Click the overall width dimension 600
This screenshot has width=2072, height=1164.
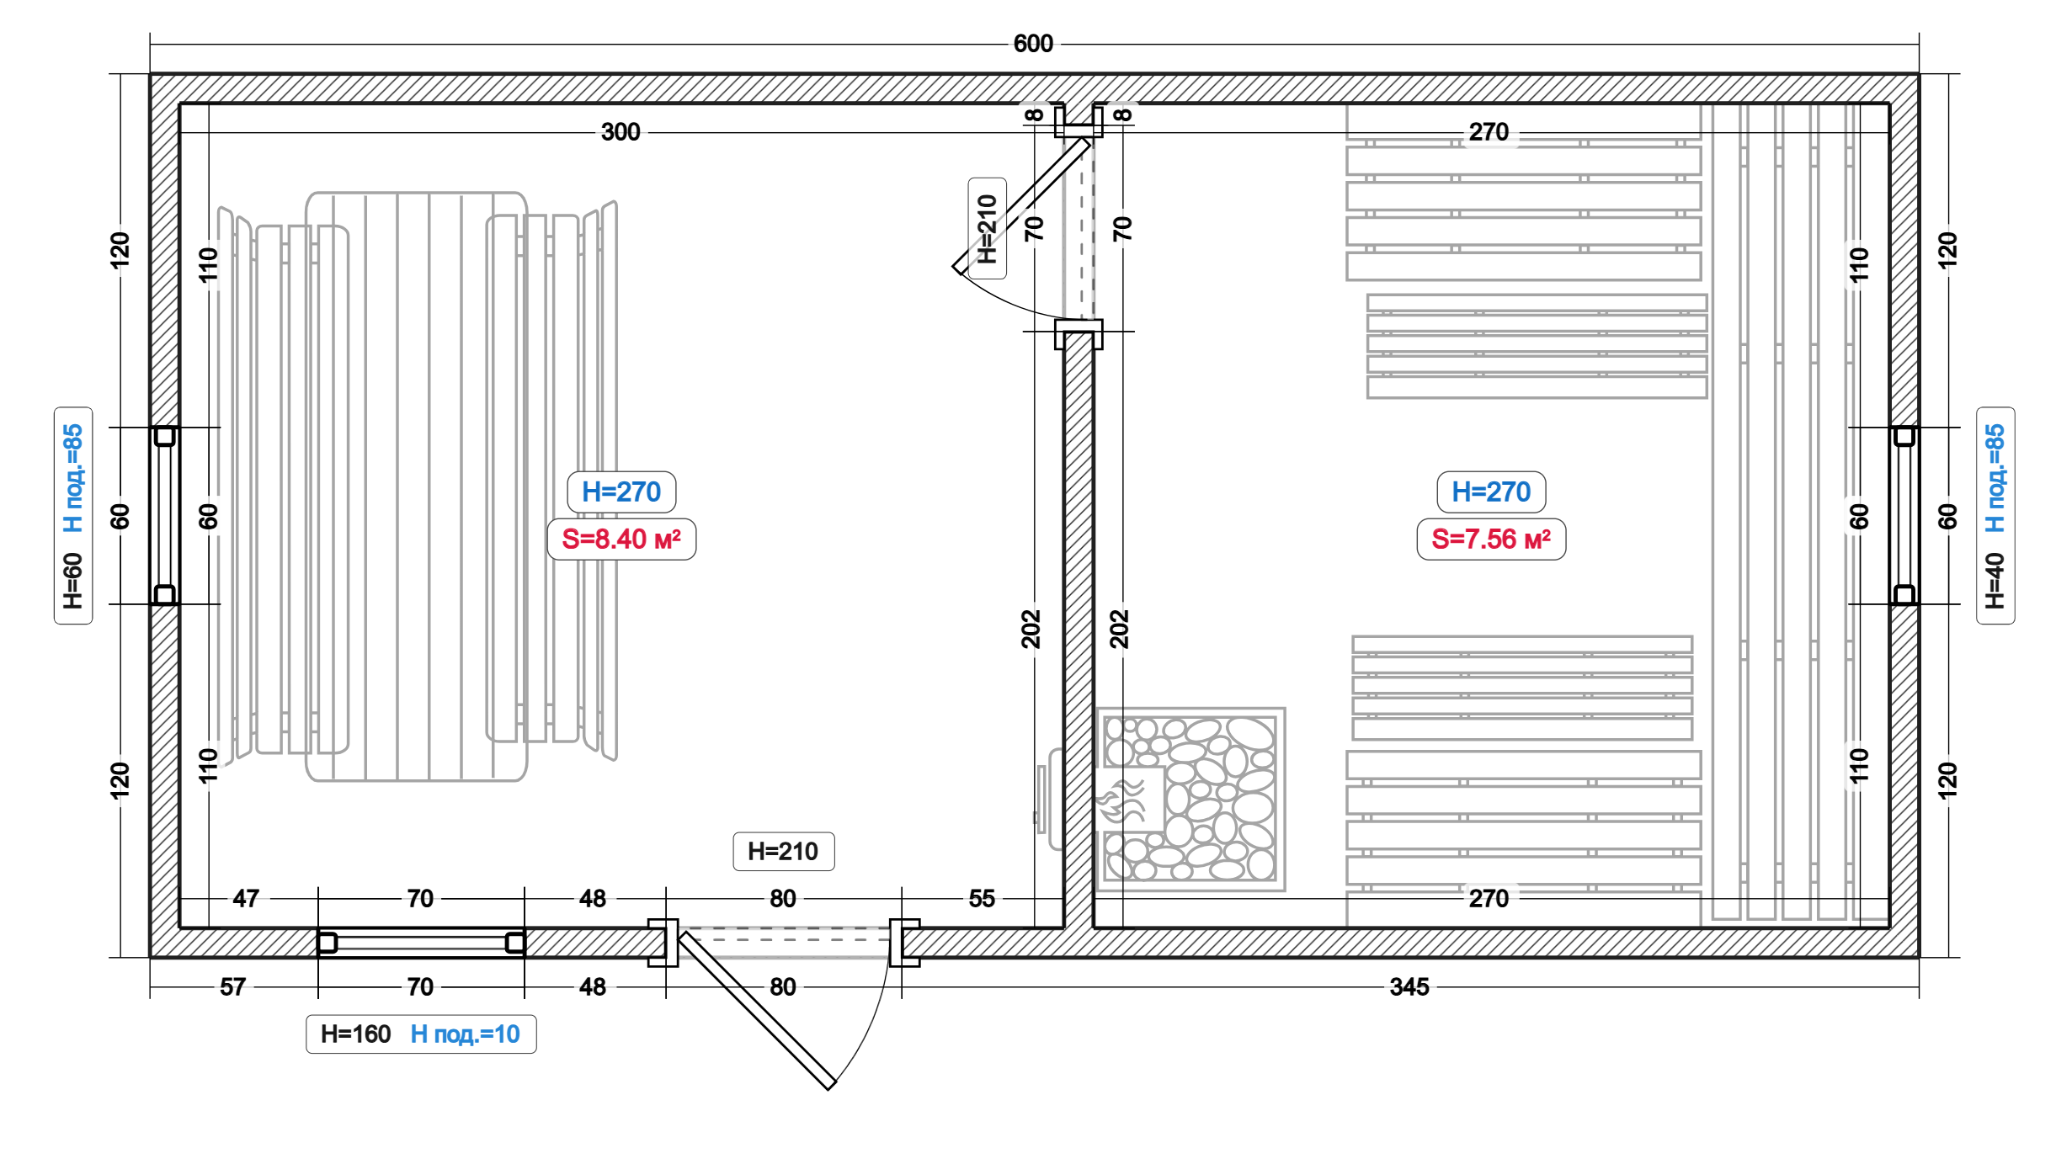click(x=1032, y=44)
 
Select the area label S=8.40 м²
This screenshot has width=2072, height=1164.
click(x=621, y=539)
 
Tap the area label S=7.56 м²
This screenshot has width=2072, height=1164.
click(x=1491, y=539)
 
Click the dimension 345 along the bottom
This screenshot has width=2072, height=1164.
click(x=1409, y=986)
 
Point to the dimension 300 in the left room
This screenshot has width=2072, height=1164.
click(x=621, y=132)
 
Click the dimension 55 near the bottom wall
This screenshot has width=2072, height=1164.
click(x=981, y=898)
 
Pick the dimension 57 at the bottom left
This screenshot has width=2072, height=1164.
click(x=232, y=986)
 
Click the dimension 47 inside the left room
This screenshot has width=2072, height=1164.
click(x=245, y=898)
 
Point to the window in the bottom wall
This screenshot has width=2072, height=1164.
click(x=421, y=943)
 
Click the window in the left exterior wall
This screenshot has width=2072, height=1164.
click(x=164, y=515)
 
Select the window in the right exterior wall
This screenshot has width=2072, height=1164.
click(x=1904, y=515)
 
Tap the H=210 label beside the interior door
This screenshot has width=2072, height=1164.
click(x=987, y=228)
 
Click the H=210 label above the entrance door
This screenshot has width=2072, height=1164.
click(x=783, y=851)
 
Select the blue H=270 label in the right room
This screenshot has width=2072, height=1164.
click(x=1491, y=492)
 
